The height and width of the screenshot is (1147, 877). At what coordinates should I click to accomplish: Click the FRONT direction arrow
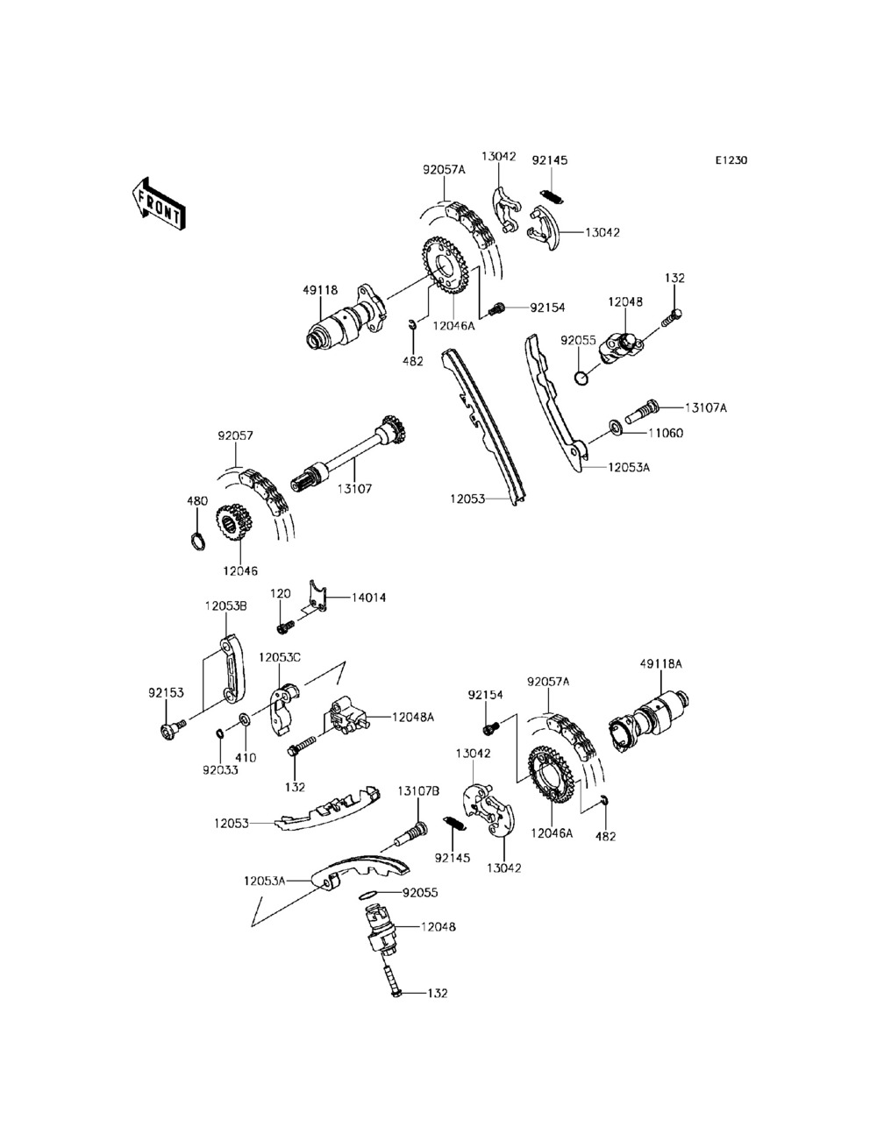click(x=158, y=204)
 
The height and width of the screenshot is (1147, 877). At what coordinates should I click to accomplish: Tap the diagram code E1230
click(x=731, y=160)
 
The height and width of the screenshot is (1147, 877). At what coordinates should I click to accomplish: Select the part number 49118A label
click(x=660, y=664)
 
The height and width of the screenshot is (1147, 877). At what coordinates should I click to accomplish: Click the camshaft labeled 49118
click(x=347, y=320)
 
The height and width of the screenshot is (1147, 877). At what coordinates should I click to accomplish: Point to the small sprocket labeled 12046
click(x=234, y=522)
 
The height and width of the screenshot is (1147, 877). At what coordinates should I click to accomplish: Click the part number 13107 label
click(x=354, y=489)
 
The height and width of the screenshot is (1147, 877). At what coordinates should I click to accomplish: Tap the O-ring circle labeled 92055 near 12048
click(x=581, y=378)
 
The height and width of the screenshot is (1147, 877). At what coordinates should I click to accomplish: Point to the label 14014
click(x=368, y=598)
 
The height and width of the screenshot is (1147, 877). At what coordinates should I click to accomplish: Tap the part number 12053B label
click(x=226, y=606)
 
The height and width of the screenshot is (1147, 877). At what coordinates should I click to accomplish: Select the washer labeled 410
click(x=244, y=720)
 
